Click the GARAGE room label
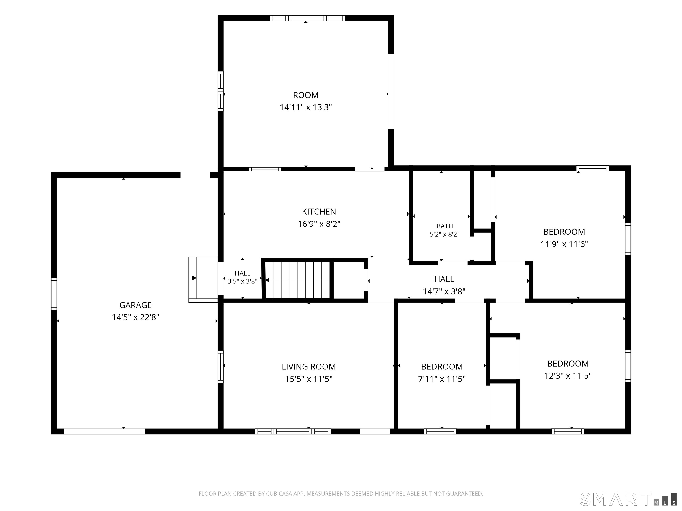click(135, 305)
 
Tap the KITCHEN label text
click(319, 212)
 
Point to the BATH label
click(445, 226)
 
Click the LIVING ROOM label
click(309, 367)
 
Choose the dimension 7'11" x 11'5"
click(442, 379)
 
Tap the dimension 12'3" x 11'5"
click(568, 376)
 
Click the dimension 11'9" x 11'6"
click(564, 244)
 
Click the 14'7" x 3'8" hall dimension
click(444, 291)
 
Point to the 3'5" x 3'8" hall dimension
click(242, 281)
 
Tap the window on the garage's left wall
click(54, 294)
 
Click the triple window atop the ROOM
click(307, 18)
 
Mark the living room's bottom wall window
click(293, 432)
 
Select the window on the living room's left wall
click(220, 367)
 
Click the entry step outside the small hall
click(203, 280)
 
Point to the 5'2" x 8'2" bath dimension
click(445, 234)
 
